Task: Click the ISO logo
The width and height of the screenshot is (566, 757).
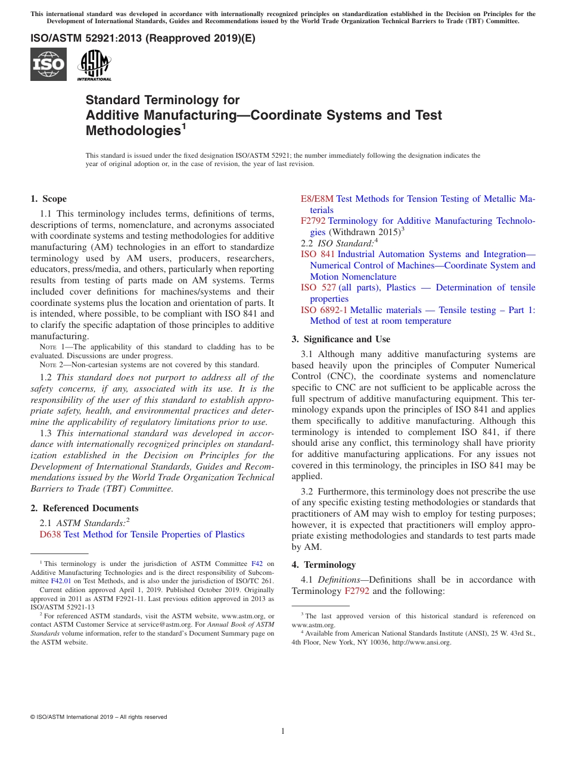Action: point(48,64)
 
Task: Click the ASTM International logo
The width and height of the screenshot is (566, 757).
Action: point(94,64)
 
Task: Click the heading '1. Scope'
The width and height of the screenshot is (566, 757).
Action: point(49,199)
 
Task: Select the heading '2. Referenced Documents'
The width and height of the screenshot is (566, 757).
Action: point(85,508)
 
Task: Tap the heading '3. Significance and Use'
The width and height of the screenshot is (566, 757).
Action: point(341,339)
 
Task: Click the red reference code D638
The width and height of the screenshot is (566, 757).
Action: point(50,534)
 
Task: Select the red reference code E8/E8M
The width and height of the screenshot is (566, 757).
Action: point(317,199)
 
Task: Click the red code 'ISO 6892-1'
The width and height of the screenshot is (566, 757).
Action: point(324,310)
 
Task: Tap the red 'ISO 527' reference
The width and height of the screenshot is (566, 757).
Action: point(318,287)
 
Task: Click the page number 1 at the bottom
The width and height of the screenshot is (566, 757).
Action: point(283,731)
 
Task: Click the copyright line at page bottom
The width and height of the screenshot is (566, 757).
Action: point(98,717)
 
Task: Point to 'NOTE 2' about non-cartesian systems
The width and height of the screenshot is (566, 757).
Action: point(51,365)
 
